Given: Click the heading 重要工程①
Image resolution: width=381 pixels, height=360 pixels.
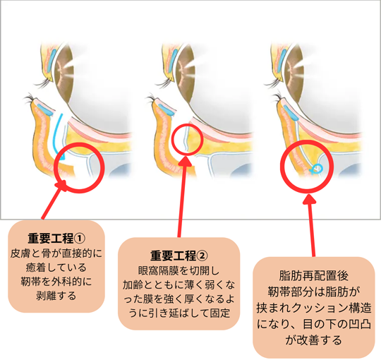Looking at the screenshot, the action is tap(56, 239).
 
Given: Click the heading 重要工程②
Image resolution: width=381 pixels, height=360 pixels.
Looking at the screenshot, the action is tap(179, 256).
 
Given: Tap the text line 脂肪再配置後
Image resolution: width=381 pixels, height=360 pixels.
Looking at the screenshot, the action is tap(314, 276).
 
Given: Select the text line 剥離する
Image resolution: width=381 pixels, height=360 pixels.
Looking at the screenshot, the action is tap(56, 296).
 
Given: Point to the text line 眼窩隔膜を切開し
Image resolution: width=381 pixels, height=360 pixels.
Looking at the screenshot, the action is tap(179, 270).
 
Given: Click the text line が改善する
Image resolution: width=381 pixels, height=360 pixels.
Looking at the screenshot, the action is tap(314, 340).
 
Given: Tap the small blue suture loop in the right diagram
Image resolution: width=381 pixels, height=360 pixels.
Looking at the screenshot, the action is tap(317, 169).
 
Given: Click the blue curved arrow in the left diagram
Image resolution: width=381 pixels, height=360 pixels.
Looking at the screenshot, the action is tap(59, 136).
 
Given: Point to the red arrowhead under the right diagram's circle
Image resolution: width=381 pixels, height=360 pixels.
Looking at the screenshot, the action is tap(309, 198).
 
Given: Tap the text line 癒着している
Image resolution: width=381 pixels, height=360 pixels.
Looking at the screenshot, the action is tap(56, 268).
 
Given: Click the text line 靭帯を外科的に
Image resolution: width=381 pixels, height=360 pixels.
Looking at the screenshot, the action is tap(56, 282).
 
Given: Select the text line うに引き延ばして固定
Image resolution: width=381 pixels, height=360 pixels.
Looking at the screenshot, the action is tap(179, 313).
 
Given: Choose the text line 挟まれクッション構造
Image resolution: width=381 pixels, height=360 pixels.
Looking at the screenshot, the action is tap(314, 308).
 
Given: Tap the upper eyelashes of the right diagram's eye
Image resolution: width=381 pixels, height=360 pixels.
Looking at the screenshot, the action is tap(274, 83).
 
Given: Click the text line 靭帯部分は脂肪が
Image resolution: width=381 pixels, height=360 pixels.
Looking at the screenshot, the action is tap(314, 292).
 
